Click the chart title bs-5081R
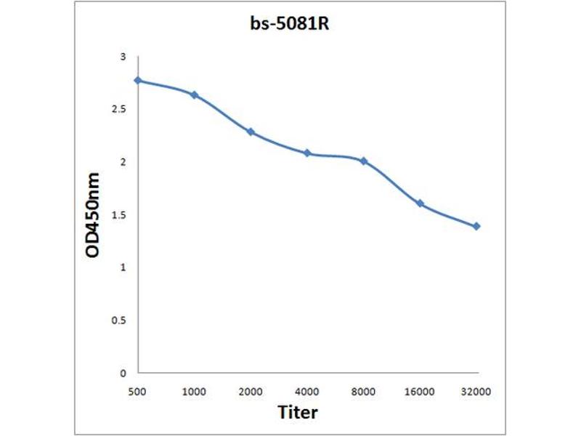[x=290, y=24]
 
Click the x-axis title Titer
[x=298, y=413]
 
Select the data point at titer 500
[x=137, y=80]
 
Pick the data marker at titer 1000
[x=194, y=94]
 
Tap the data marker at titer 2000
[x=251, y=132]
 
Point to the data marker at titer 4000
[x=307, y=153]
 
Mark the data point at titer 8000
[x=364, y=161]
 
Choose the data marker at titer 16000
[x=420, y=203]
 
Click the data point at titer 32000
[x=476, y=226]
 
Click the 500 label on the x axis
[x=137, y=391]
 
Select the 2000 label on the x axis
[x=251, y=391]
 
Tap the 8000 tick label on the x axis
[x=364, y=391]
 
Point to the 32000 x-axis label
[x=476, y=391]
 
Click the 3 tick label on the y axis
[x=123, y=57]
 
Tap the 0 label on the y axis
[x=123, y=373]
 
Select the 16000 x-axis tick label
[x=420, y=391]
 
